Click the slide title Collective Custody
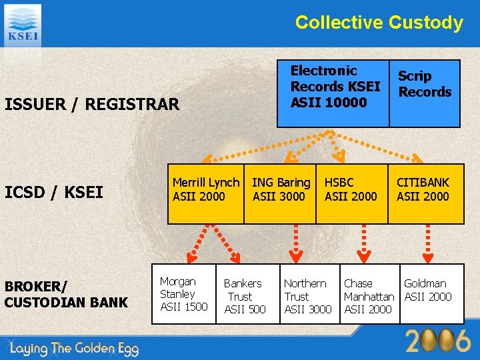tap(379, 23)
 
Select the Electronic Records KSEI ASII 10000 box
tap(333, 87)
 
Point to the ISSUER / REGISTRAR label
tap(92, 105)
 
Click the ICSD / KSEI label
tap(54, 193)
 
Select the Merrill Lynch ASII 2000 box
tap(205, 189)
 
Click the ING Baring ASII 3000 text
tap(281, 189)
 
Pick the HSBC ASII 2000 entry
tap(351, 189)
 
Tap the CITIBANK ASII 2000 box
tap(424, 189)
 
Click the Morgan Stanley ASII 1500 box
tap(183, 294)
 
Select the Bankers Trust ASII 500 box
tap(244, 296)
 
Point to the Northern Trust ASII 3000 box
tap(307, 296)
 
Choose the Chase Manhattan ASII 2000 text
tap(369, 296)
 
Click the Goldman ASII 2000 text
tap(427, 290)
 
